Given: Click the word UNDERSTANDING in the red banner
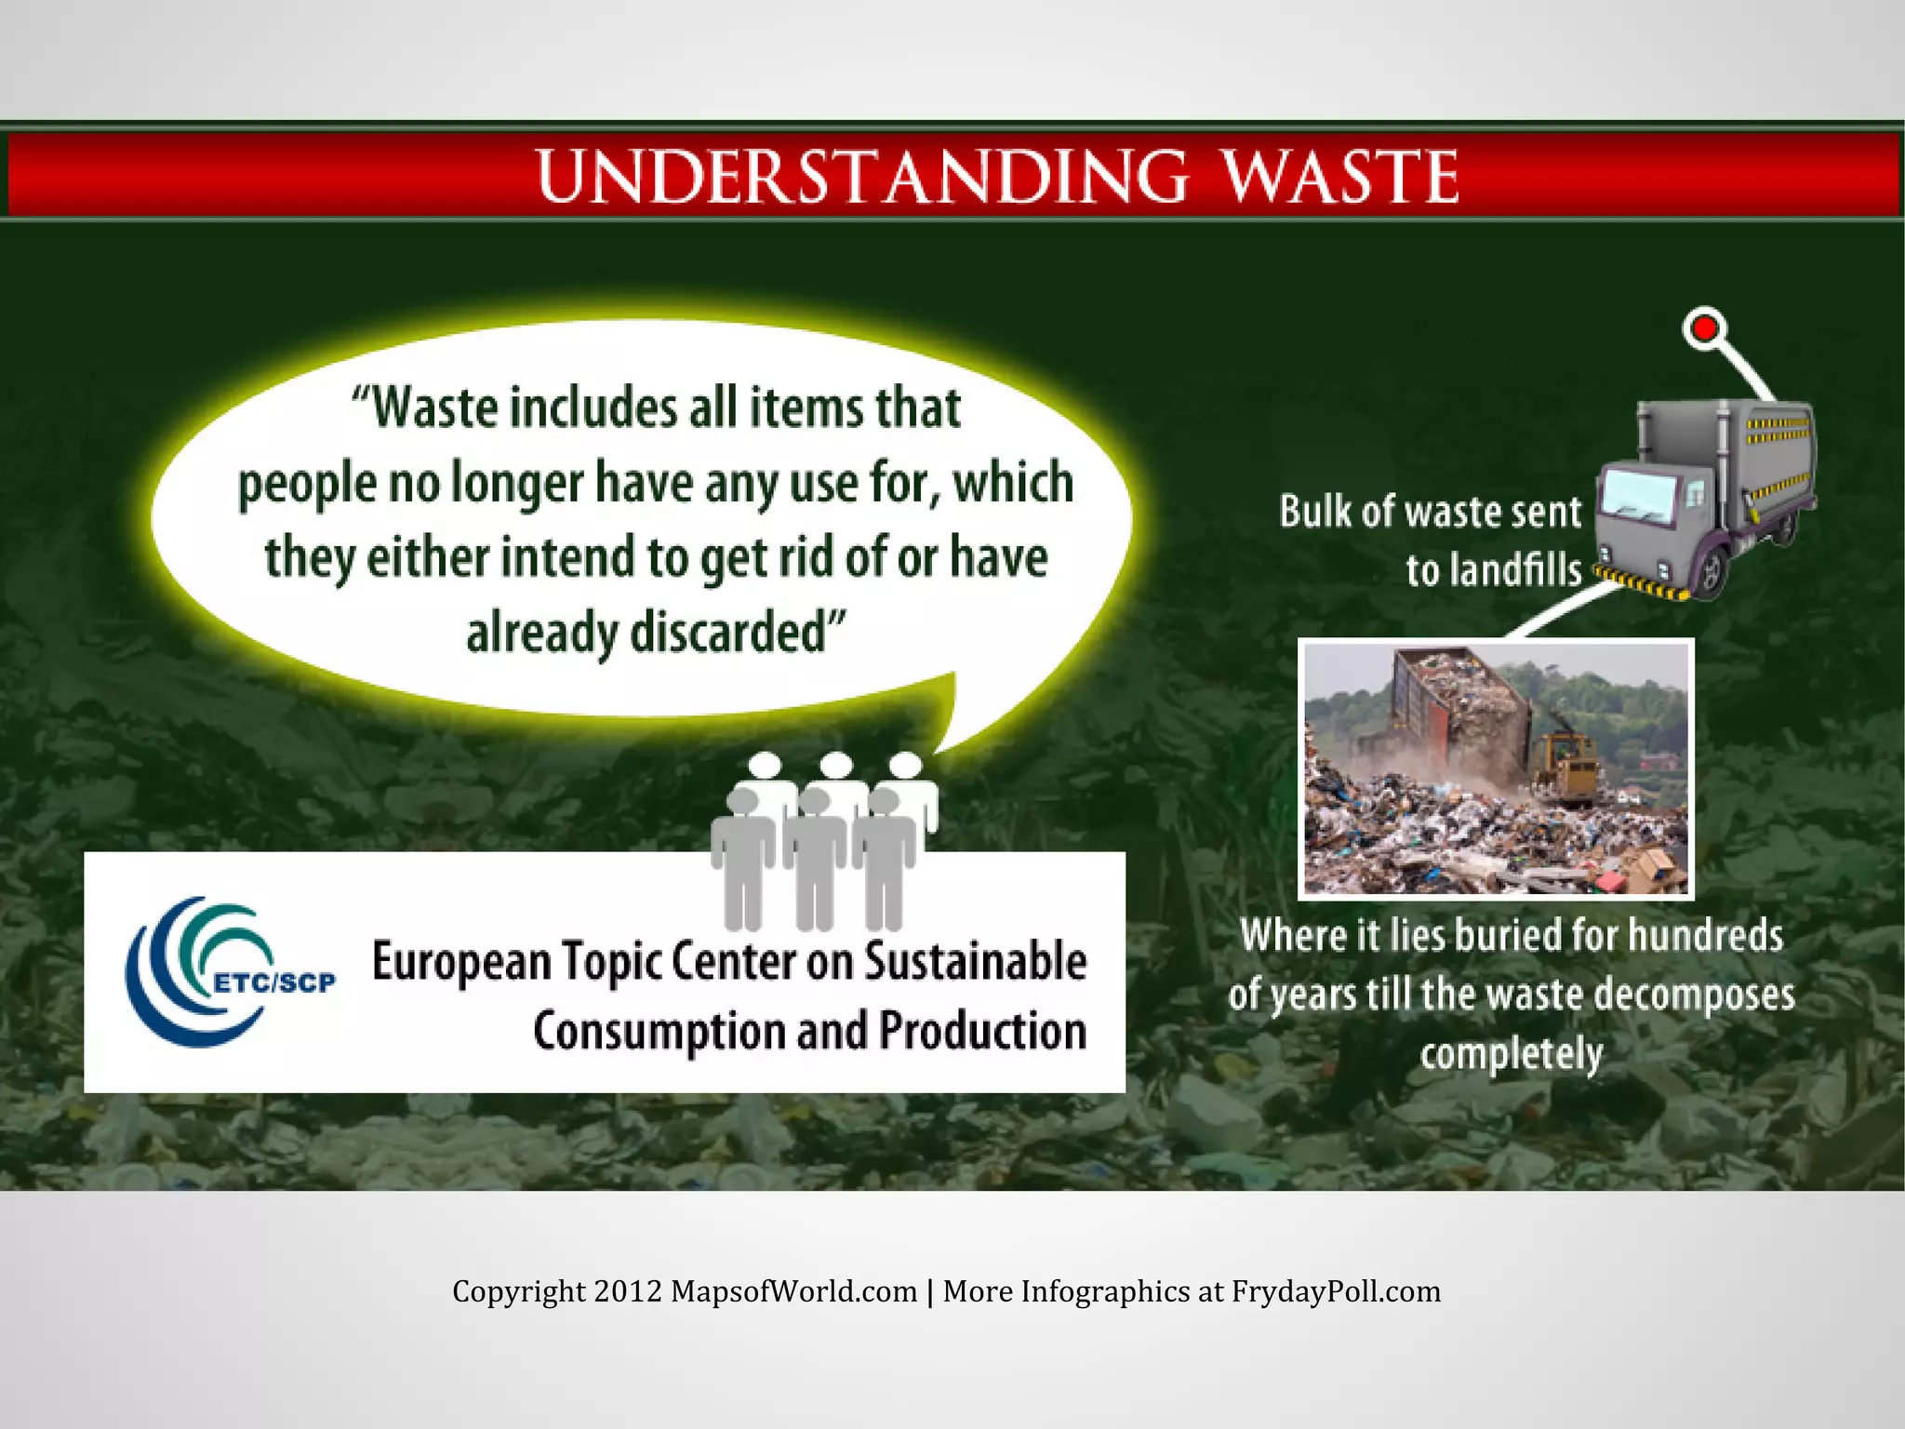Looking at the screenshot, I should point(861,176).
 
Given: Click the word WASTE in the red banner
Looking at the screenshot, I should point(1339,176).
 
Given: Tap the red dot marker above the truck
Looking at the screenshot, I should point(1704,328).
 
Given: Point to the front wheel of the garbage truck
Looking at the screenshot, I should point(1711,573).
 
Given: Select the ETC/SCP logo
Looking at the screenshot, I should point(228,971).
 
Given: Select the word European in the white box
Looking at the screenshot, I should point(461,963).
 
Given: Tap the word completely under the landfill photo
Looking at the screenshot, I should point(1511,1054).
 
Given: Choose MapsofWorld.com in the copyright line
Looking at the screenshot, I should point(793,1291).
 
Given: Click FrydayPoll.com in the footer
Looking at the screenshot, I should point(1336,1291).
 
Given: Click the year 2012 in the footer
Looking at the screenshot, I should point(628,1291).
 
